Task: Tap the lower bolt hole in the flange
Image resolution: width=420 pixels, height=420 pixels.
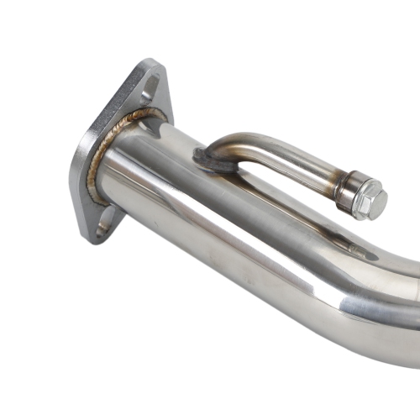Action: (x=104, y=224)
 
